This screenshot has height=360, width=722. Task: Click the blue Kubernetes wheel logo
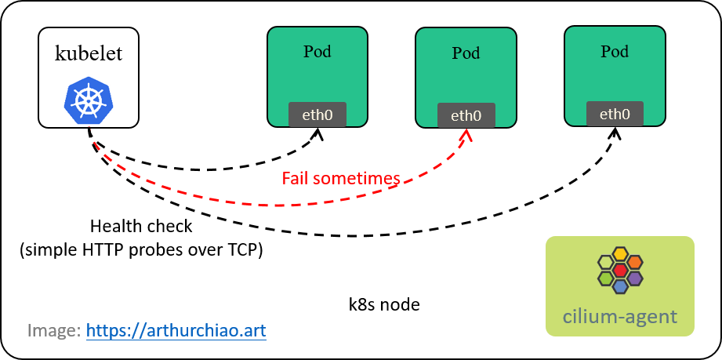[89, 101]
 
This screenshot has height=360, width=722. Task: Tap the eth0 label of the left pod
[317, 115]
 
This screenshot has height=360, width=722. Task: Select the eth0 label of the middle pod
[466, 116]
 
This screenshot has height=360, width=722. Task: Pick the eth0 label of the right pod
[615, 114]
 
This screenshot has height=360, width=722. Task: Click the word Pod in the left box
[317, 52]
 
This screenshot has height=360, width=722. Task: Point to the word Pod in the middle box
[466, 53]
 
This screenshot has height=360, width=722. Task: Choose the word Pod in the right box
[615, 52]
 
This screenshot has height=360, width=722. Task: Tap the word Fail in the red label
[296, 179]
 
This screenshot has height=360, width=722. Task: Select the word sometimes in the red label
[357, 179]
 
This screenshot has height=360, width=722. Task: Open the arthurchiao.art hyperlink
[176, 330]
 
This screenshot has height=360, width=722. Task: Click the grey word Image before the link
[52, 330]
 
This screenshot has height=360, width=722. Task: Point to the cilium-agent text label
[619, 318]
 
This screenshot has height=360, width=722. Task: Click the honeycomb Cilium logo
[620, 270]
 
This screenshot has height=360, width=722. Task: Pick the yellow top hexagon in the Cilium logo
[620, 254]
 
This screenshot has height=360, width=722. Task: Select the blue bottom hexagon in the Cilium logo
[620, 287]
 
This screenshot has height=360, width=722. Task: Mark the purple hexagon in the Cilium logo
[635, 278]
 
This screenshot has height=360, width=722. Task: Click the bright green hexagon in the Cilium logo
[605, 278]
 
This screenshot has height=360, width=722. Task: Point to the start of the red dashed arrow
[94, 143]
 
